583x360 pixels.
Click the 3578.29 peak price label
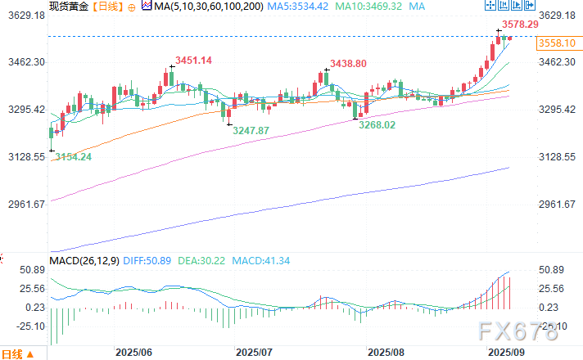(x=520, y=25)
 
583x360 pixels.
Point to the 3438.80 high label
(x=348, y=63)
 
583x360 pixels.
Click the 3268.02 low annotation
(x=378, y=125)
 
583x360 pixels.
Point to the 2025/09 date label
(x=506, y=353)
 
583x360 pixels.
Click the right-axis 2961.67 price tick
(x=556, y=205)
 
